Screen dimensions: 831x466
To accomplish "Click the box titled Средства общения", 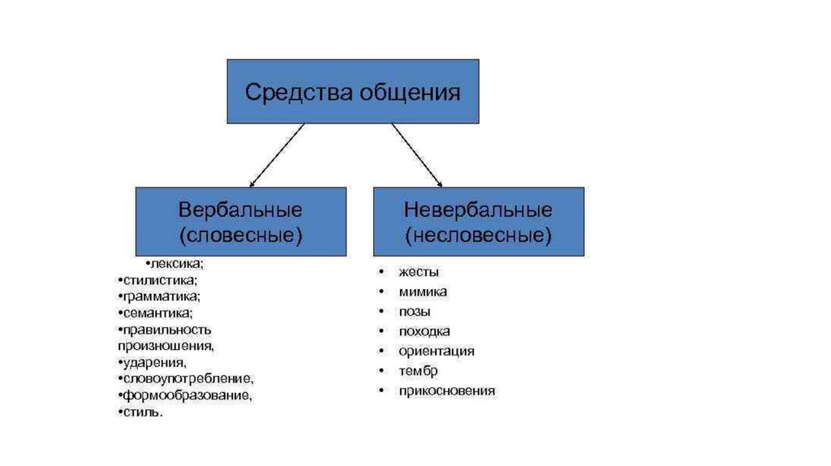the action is [352, 92].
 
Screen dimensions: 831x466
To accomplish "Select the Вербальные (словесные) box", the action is [240, 221].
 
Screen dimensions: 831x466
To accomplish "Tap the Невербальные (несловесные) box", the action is [479, 221].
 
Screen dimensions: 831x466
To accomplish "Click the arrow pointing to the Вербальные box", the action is [276, 155].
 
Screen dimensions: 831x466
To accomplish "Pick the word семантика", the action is [158, 313].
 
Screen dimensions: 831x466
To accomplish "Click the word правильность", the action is [167, 330].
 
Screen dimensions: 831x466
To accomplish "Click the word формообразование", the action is [187, 396].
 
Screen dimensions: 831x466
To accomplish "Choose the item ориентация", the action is [437, 352].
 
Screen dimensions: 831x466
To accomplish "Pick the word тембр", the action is [418, 371].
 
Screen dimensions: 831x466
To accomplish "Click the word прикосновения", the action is [446, 391].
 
